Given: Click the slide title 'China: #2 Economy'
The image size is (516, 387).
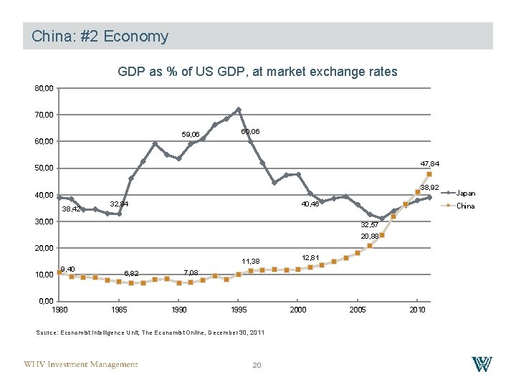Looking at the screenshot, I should (x=100, y=37).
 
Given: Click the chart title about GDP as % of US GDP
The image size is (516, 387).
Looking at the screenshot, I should (x=257, y=72).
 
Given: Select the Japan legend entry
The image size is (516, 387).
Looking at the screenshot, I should (x=465, y=193).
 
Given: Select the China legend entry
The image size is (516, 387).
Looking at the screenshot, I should (x=465, y=206).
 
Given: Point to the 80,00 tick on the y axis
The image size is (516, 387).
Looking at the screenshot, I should (x=44, y=88).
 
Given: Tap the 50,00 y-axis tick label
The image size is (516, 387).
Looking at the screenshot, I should (x=44, y=168).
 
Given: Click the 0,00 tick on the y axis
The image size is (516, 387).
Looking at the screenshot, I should (x=46, y=301).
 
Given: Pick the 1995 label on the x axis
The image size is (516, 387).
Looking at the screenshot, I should (x=239, y=309).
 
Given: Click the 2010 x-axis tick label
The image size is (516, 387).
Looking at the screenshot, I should (x=418, y=309).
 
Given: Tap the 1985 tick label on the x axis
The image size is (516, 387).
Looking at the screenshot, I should (x=119, y=309).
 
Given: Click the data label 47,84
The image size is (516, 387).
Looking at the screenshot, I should (x=430, y=164).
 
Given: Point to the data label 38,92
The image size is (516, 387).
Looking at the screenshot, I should (x=429, y=187).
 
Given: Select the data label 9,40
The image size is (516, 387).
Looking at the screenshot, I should (x=68, y=269).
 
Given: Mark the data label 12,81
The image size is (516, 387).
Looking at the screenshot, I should (x=310, y=257).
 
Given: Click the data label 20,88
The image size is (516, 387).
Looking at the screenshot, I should (x=370, y=236).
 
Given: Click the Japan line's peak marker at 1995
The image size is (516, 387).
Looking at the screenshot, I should (x=239, y=110).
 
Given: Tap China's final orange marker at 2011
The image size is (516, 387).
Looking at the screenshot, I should (x=429, y=174).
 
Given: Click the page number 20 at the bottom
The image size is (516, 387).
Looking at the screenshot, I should (x=257, y=365).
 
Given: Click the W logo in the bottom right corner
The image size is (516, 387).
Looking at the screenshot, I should (x=482, y=364).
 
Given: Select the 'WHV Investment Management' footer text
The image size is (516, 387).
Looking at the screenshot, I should (x=80, y=365).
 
